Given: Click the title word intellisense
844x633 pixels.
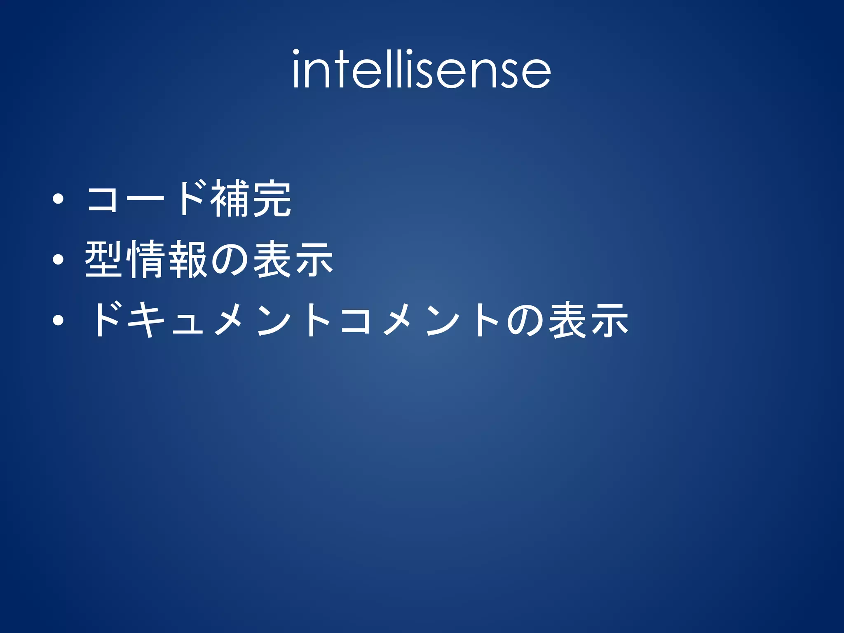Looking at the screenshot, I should click(421, 69).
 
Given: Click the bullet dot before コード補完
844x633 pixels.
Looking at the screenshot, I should click(58, 199).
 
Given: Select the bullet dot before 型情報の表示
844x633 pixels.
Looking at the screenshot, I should click(58, 259).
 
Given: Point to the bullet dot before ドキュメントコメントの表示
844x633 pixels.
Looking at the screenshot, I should click(58, 320).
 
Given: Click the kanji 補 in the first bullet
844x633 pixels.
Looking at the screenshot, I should click(229, 199).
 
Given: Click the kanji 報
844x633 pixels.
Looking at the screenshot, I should click(188, 259).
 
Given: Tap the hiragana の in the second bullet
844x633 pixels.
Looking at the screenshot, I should click(230, 260).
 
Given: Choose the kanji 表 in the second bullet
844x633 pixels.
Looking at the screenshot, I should click(272, 259).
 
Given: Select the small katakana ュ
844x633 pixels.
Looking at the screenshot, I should click(188, 323).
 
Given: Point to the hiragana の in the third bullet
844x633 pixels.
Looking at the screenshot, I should click(525, 321).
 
